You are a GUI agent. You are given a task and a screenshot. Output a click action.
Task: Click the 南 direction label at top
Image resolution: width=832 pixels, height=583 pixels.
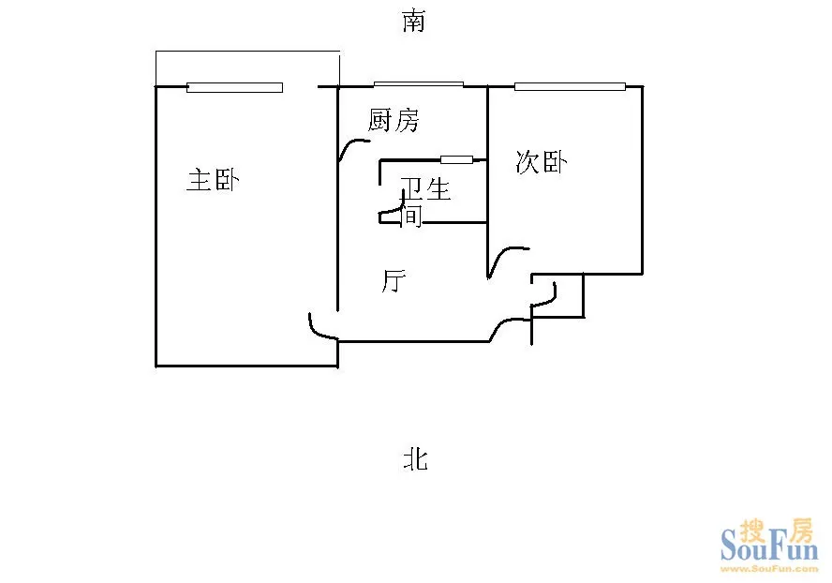coord(413,22)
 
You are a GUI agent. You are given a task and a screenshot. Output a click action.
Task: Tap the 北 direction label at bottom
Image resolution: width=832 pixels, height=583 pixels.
coord(415,459)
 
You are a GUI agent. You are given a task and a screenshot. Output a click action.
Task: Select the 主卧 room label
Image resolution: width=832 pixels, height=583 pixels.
coord(214,180)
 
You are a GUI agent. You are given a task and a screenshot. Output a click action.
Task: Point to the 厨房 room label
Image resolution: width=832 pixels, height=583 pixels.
coord(394,120)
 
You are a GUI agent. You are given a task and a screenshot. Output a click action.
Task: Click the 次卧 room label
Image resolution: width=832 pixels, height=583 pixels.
coord(542,162)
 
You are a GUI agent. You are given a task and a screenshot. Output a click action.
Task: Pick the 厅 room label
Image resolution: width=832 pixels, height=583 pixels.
coord(394,281)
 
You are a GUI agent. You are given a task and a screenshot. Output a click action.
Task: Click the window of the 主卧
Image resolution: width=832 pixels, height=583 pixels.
coord(234,87)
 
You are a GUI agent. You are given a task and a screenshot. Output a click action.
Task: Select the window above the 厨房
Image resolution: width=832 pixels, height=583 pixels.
coord(419,84)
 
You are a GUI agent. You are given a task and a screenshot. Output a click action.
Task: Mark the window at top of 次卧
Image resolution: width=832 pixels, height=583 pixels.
coord(570,86)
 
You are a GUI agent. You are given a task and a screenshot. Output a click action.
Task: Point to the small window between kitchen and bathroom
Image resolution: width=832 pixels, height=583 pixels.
coord(457,159)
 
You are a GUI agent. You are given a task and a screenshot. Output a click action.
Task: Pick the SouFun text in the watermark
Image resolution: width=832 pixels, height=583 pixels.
coord(769,546)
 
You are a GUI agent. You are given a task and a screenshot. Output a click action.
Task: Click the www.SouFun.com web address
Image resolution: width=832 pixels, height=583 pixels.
coord(769,569)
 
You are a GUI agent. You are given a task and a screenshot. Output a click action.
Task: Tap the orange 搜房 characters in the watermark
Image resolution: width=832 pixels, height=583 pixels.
coord(777,531)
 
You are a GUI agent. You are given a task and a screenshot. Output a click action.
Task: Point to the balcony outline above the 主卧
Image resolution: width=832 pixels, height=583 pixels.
coord(247,52)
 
